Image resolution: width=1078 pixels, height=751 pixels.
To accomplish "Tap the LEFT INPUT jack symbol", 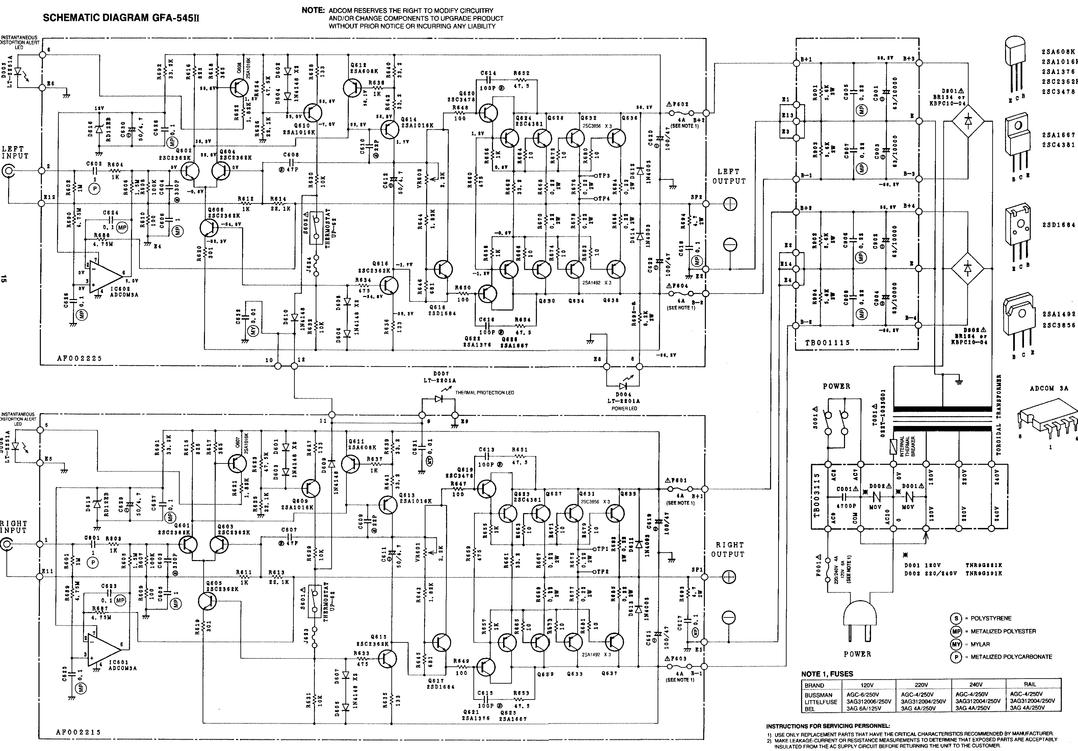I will tap(8, 171).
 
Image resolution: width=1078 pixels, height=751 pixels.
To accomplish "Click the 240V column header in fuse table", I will tap(976, 684).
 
